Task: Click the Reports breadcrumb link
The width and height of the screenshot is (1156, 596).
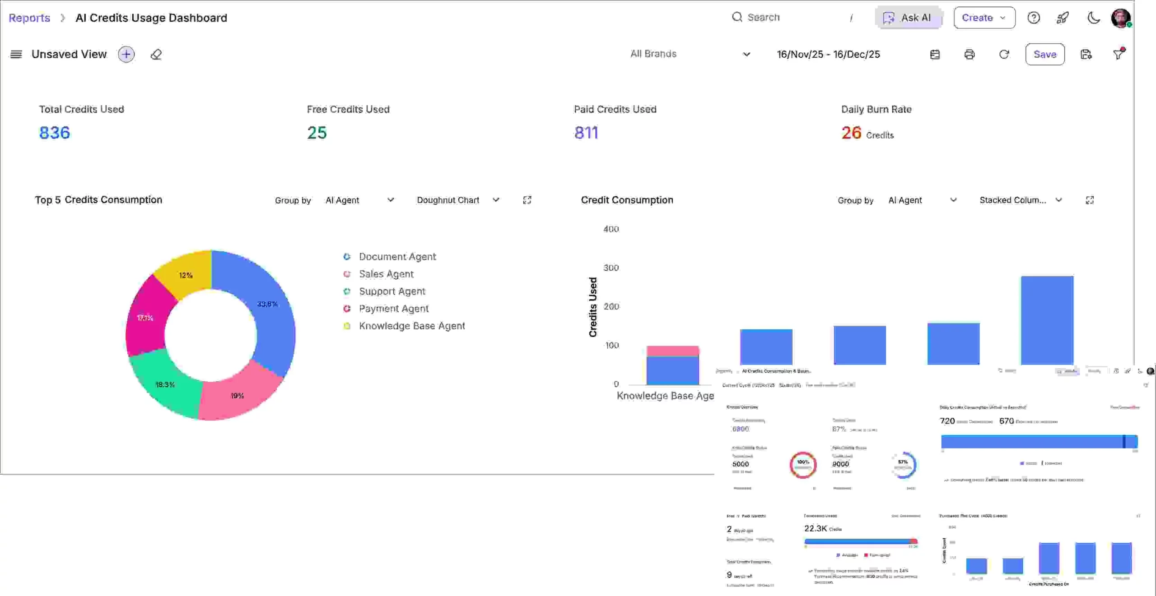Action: [29, 18]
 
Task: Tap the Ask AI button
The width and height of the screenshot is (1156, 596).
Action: [909, 18]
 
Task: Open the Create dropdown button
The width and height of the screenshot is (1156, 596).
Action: [984, 18]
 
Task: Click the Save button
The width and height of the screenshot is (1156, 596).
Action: [1044, 54]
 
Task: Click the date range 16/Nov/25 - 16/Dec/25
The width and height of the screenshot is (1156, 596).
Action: [828, 54]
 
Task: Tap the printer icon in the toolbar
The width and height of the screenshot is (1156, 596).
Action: [969, 54]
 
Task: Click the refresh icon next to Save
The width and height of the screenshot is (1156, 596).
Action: [1003, 54]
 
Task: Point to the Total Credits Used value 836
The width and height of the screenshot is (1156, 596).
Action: [54, 133]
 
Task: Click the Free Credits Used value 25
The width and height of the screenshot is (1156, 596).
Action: [317, 133]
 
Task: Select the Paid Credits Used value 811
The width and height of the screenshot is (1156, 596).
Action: [586, 133]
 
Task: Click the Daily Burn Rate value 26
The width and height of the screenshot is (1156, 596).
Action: [851, 133]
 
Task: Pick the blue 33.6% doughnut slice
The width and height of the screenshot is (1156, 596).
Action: [271, 311]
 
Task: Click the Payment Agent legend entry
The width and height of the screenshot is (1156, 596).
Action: [393, 309]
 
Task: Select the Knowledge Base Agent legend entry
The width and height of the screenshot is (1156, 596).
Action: [411, 326]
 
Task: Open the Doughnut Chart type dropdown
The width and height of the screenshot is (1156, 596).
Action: [457, 200]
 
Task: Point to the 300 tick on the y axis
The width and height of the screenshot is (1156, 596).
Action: [611, 268]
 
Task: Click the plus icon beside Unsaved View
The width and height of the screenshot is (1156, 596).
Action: [126, 54]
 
